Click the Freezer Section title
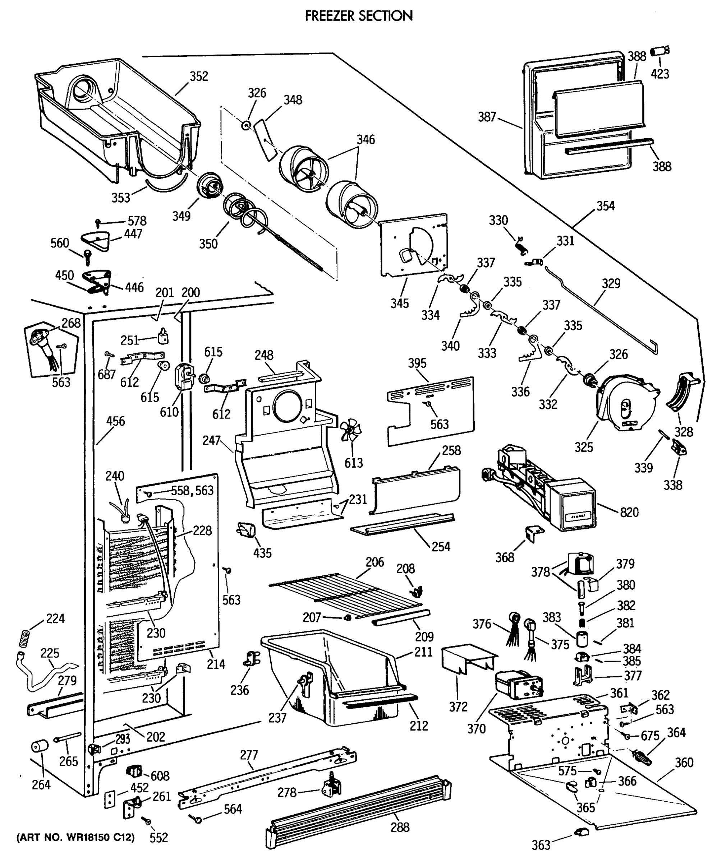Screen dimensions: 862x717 tap(359, 15)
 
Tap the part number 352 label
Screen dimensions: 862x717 tap(199, 77)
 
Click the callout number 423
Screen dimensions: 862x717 tap(660, 74)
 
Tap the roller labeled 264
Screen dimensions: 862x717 tap(40, 746)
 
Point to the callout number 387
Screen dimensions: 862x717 tap(487, 117)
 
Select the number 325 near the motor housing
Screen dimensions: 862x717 tap(584, 447)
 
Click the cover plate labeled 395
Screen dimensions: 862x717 tap(431, 411)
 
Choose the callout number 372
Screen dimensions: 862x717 tap(458, 706)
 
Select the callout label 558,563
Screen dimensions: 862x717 tap(192, 491)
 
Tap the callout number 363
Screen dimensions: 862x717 tap(541, 845)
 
